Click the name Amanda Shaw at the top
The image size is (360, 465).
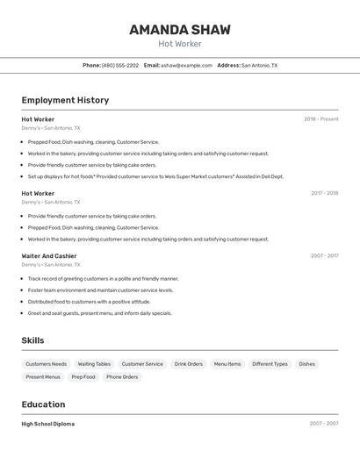[x=180, y=30]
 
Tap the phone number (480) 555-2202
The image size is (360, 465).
[x=119, y=65]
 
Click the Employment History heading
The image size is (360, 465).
[x=65, y=100]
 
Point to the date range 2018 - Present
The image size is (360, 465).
[x=320, y=119]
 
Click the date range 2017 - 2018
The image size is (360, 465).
[x=324, y=193]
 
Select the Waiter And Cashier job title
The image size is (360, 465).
[x=49, y=256]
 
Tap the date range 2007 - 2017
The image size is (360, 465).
[x=324, y=256]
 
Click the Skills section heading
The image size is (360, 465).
[x=32, y=340]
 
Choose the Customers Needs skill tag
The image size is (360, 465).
[x=46, y=364]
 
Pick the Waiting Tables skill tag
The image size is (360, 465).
[x=94, y=364]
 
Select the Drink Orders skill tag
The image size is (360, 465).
[x=188, y=364]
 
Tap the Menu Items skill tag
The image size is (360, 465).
[x=227, y=364]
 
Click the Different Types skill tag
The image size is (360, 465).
[x=270, y=364]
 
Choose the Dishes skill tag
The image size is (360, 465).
[x=306, y=364]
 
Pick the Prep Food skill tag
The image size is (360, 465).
[x=83, y=377]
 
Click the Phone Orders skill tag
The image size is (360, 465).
[x=122, y=377]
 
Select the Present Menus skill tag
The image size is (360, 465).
[x=43, y=377]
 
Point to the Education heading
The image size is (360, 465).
[x=43, y=404]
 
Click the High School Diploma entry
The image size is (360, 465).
[x=47, y=424]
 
